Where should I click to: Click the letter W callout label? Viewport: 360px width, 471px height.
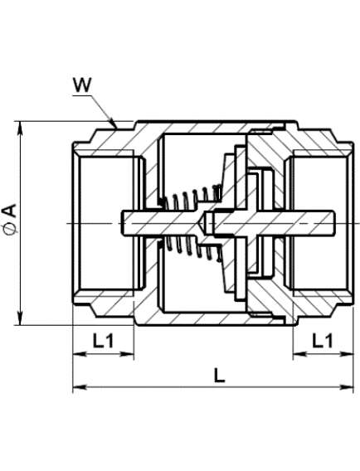pyautogui.click(x=82, y=85)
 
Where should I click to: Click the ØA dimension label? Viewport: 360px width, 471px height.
pyautogui.click(x=10, y=219)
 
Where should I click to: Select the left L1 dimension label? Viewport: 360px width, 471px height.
pyautogui.click(x=103, y=341)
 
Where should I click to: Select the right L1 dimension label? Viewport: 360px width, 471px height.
pyautogui.click(x=323, y=341)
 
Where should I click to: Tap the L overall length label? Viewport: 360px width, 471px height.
pyautogui.click(x=219, y=375)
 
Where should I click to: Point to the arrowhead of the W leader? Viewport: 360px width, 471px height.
pyautogui.click(x=114, y=124)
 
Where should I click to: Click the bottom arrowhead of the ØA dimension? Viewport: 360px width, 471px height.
pyautogui.click(x=20, y=318)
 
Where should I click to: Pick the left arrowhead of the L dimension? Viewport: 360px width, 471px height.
pyautogui.click(x=80, y=387)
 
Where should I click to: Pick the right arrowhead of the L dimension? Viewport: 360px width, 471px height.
pyautogui.click(x=346, y=387)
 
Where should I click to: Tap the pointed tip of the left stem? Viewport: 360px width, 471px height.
pyautogui.click(x=205, y=223)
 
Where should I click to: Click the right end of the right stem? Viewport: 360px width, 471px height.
pyautogui.click(x=333, y=222)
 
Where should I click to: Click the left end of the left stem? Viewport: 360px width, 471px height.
pyautogui.click(x=122, y=223)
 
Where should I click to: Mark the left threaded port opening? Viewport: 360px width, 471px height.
pyautogui.click(x=107, y=223)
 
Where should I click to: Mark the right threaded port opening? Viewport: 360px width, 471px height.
pyautogui.click(x=319, y=223)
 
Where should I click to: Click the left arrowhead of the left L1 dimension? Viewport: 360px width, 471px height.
pyautogui.click(x=80, y=354)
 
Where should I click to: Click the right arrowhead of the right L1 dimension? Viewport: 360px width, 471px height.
pyautogui.click(x=346, y=354)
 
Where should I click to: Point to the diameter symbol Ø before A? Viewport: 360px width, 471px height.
pyautogui.click(x=10, y=229)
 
